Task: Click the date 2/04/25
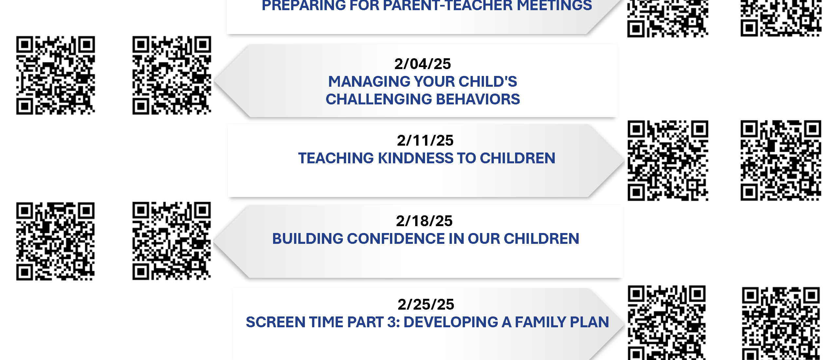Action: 422,64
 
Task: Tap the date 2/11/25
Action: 425,141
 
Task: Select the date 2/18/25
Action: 424,221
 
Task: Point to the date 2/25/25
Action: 426,305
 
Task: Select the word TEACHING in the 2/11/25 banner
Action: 336,158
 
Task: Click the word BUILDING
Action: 307,239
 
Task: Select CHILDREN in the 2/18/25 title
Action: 542,239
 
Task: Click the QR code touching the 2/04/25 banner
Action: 172,75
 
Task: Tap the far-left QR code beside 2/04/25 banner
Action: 56,75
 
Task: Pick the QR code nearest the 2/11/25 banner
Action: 668,160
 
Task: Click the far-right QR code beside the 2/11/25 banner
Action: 781,160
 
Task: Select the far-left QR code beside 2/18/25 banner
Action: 56,241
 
